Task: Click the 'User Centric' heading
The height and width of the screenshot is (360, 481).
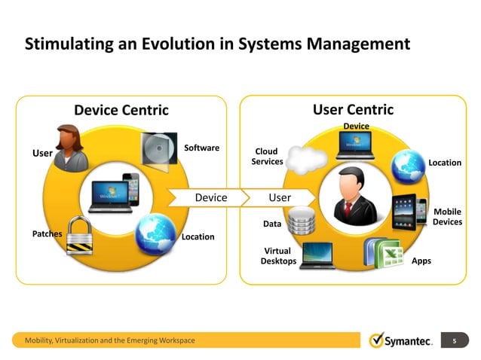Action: click(353, 110)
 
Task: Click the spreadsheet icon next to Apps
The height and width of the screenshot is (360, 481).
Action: click(387, 252)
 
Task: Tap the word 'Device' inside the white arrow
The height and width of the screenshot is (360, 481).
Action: click(211, 197)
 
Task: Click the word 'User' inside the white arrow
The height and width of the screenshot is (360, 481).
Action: click(280, 197)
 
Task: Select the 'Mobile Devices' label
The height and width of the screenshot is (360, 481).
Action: click(447, 218)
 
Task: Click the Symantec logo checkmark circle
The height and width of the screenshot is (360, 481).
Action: click(377, 341)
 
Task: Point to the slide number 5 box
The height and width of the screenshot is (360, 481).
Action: click(455, 341)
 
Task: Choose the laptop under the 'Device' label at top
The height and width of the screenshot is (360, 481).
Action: click(356, 146)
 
